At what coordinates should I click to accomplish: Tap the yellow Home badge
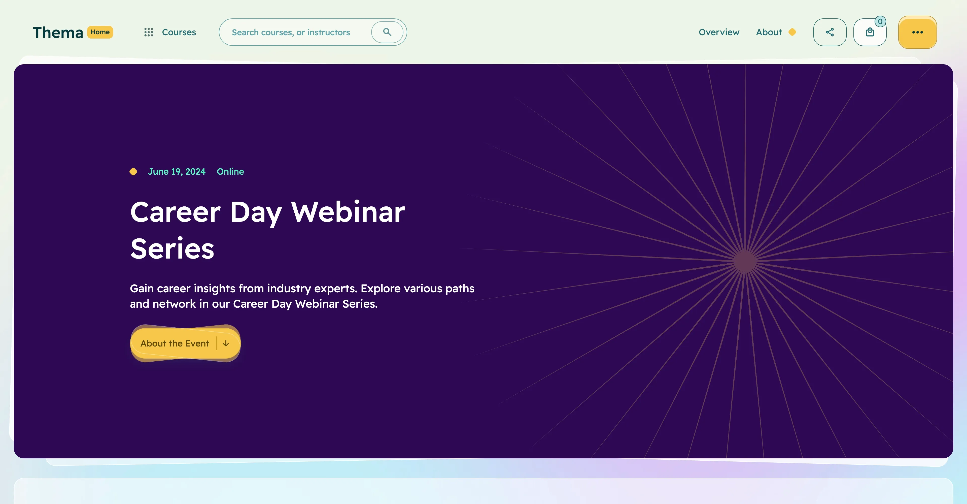coord(100,32)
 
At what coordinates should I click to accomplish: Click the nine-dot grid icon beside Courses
coord(149,32)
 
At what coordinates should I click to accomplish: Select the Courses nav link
coord(179,32)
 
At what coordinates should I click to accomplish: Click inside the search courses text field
coord(291,32)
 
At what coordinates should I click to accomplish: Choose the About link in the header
coord(768,32)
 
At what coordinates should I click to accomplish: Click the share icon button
coord(830,32)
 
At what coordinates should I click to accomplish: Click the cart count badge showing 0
coord(880,21)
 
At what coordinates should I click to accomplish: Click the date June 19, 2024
coord(177,172)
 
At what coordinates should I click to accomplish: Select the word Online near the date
coord(230,172)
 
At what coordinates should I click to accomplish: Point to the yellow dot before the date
coord(133,172)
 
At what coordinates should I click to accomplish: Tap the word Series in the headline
coord(172,249)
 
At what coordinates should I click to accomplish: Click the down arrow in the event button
coord(226,343)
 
